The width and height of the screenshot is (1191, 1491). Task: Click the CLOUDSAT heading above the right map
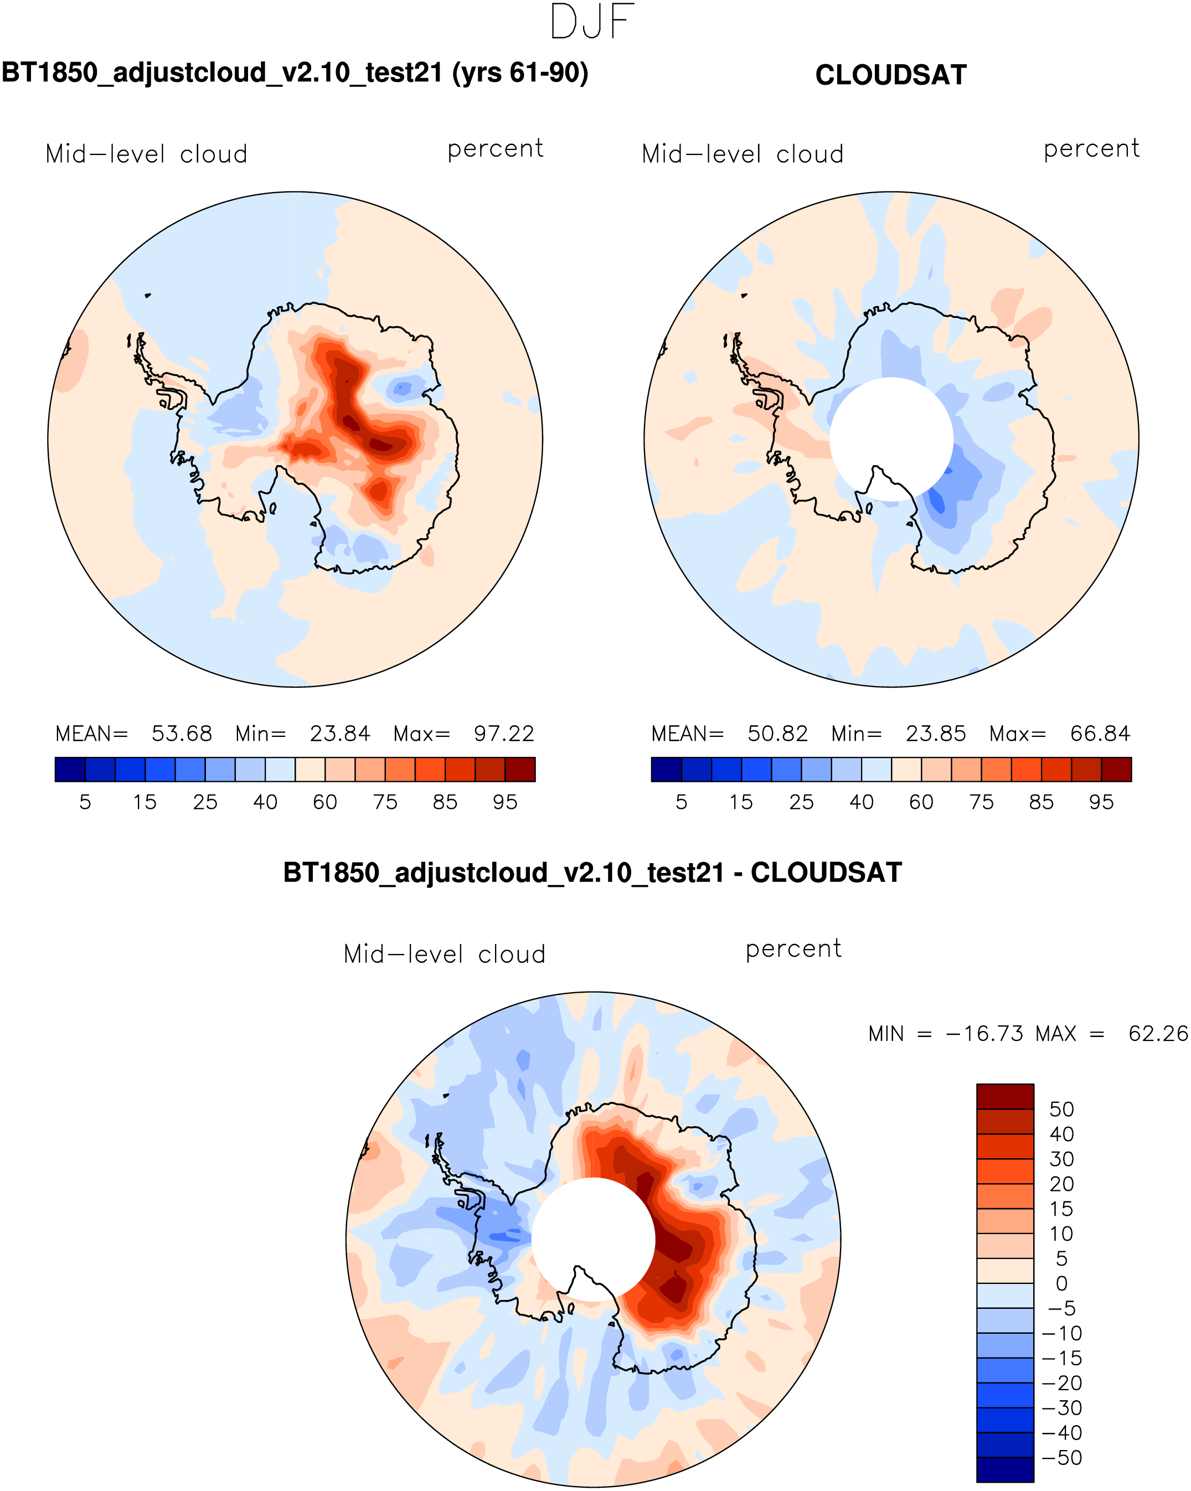click(890, 75)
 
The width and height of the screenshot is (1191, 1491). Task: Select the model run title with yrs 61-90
click(295, 73)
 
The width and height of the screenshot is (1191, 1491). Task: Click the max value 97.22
click(503, 734)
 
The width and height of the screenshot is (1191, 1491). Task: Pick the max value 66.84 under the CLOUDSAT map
click(1100, 734)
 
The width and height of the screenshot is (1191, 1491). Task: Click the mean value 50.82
click(777, 734)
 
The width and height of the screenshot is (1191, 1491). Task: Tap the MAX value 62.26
click(1158, 1034)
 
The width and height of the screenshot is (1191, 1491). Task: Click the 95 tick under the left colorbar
click(505, 802)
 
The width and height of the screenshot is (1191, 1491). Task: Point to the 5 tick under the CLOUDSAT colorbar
click(681, 802)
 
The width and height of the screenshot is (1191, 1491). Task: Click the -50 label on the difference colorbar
click(1061, 1458)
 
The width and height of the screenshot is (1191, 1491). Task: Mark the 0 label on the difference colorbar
click(1061, 1283)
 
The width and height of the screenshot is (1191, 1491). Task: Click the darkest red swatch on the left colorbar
click(520, 770)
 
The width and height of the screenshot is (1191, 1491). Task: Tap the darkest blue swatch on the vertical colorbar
click(1005, 1469)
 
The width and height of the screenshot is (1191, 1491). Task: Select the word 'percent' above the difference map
click(793, 949)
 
